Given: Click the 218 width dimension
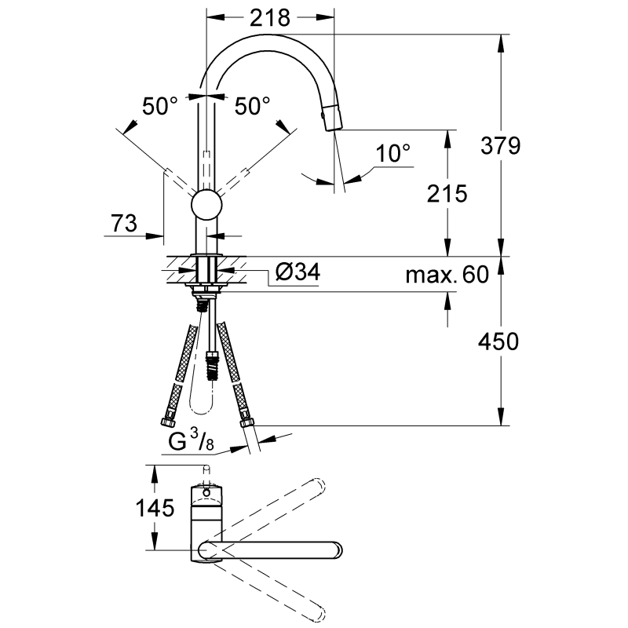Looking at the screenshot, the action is (x=270, y=18).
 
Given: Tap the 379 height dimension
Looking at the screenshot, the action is (x=501, y=145).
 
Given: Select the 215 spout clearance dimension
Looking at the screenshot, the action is (x=447, y=194).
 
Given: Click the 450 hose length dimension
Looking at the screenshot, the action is (x=498, y=341).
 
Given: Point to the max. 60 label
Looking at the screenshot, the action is (x=447, y=275).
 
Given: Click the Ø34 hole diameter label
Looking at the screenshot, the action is (x=298, y=272).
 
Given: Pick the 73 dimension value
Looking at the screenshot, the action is (x=124, y=223).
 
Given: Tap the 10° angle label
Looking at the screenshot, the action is (x=393, y=153).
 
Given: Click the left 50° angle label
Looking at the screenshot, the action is (x=160, y=107).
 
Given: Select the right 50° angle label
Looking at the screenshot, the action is (x=252, y=107).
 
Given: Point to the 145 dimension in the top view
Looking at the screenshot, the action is (x=155, y=508).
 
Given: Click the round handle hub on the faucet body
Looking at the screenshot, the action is (x=206, y=204).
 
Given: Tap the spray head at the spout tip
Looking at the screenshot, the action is (x=333, y=116).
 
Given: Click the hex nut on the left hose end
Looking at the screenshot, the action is (x=168, y=422).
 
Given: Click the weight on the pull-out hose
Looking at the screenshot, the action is (x=211, y=366).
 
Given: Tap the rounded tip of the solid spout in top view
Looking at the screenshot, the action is (x=338, y=550).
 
